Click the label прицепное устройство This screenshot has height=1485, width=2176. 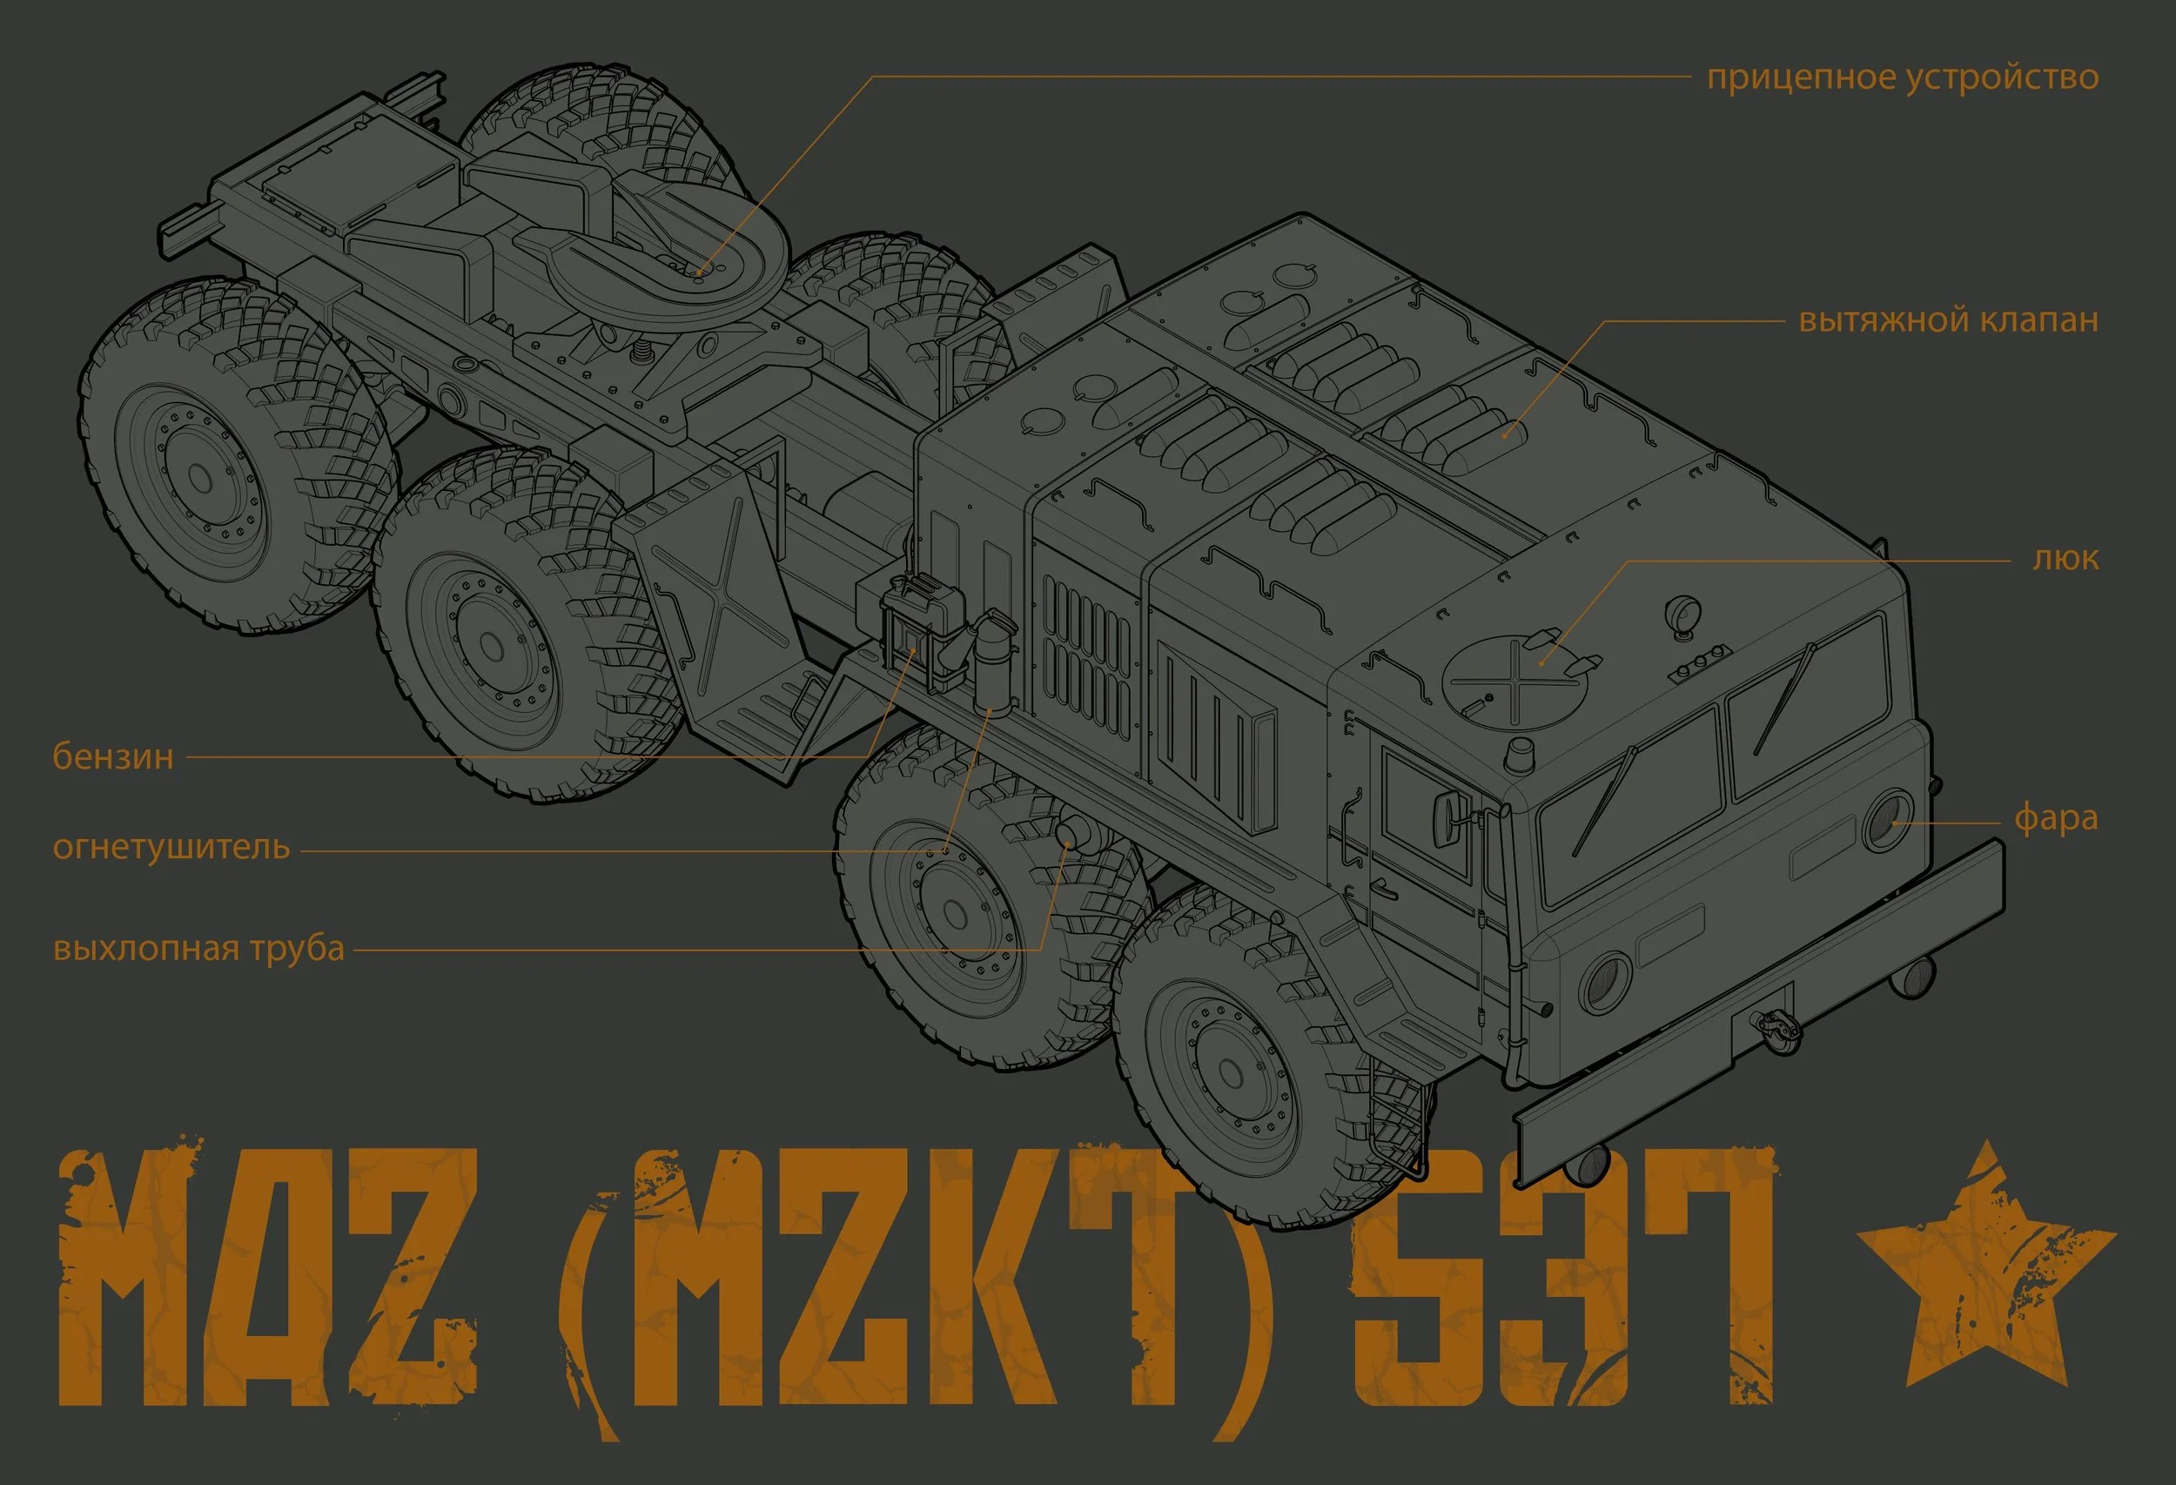(1902, 77)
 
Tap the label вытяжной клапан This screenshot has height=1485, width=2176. (1948, 320)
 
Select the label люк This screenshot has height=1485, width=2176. (2065, 558)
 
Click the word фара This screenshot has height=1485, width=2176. (2055, 817)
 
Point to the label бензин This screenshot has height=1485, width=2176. (113, 756)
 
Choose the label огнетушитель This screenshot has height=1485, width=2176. (171, 847)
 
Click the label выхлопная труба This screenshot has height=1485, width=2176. (198, 949)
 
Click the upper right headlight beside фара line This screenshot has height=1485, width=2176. (1888, 820)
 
